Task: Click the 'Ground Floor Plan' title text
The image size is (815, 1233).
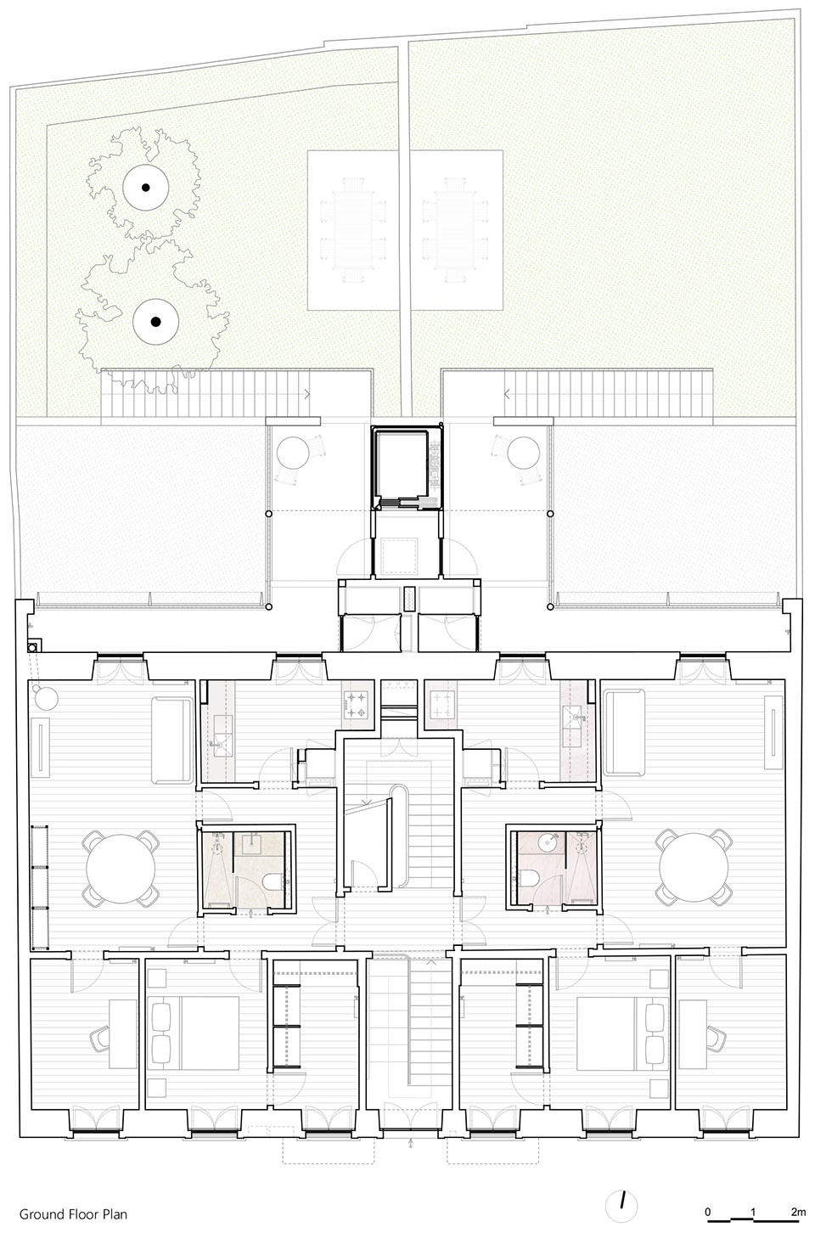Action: coord(73,1213)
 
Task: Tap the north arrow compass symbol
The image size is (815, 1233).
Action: coord(621,1207)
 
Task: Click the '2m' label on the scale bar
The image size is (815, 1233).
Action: coord(798,1212)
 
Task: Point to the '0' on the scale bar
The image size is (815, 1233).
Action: coord(708,1212)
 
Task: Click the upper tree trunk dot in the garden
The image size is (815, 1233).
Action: coord(146,187)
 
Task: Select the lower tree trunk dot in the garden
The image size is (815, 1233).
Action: coord(155,322)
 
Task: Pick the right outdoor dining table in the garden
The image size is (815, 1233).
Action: coord(456,229)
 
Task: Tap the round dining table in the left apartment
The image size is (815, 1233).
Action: coord(121,868)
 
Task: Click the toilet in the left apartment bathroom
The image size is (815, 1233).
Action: coord(273,882)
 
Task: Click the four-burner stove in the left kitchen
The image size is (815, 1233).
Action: coord(356,705)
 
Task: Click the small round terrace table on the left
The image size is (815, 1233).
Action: coord(292,453)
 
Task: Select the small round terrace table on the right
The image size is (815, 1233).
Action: coord(523,453)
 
